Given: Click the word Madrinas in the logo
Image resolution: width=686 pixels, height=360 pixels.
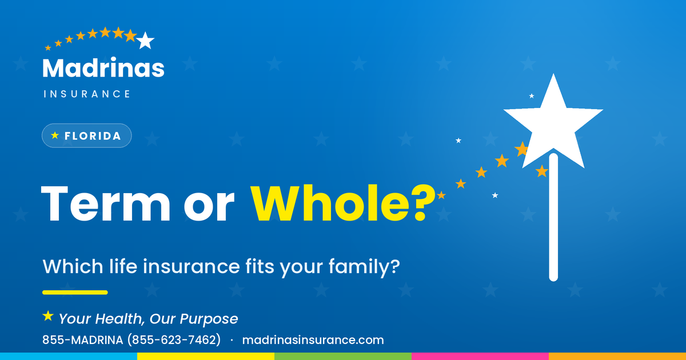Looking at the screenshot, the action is (103, 67).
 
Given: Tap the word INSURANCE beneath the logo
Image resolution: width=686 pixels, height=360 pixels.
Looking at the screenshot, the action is (87, 94).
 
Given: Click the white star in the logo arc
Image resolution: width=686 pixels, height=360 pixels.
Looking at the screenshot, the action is (145, 41).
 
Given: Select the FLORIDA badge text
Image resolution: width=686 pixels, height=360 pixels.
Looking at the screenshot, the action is (93, 136).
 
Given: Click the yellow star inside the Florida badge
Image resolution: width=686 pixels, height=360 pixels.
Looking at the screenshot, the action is (55, 135).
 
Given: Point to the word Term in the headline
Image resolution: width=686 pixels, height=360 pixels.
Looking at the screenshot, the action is (105, 203).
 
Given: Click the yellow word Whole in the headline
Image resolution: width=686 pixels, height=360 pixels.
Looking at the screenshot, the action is (330, 203).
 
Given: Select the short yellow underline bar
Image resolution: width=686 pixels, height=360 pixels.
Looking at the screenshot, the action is (75, 293).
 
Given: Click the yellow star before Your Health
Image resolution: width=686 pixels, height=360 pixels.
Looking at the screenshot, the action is (48, 316).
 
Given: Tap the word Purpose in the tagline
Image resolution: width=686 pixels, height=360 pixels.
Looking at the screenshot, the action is (209, 319).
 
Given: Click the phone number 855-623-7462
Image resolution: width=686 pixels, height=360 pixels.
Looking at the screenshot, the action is (174, 340).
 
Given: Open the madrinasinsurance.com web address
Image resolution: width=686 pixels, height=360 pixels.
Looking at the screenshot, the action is (313, 340).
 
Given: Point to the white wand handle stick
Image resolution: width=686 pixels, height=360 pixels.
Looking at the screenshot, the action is (553, 217).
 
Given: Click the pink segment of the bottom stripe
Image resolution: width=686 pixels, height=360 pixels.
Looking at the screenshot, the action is (480, 357).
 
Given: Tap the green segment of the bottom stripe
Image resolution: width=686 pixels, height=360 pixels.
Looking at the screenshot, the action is (343, 357).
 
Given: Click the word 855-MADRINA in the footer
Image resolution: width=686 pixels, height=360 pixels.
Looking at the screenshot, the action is (83, 340).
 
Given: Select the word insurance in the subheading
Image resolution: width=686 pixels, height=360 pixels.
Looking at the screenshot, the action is (192, 266).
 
